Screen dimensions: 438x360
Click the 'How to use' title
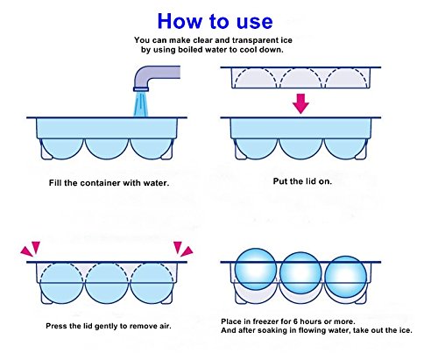pyautogui.click(x=215, y=21)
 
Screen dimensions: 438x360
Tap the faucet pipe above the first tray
pyautogui.click(x=152, y=76)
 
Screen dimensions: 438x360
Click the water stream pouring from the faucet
pyautogui.click(x=141, y=104)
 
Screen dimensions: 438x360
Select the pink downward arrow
pyautogui.click(x=300, y=103)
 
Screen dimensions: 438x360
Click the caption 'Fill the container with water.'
pyautogui.click(x=109, y=183)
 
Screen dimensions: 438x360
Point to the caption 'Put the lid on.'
pyautogui.click(x=302, y=181)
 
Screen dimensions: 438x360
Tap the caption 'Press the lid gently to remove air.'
pyautogui.click(x=109, y=326)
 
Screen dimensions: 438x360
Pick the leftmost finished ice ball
pyautogui.click(x=256, y=269)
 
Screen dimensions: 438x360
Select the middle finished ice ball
pyautogui.click(x=300, y=272)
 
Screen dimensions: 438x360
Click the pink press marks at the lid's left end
pyautogui.click(x=31, y=249)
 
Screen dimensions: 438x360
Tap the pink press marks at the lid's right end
pyautogui.click(x=183, y=249)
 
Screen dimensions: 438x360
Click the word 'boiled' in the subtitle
pyautogui.click(x=191, y=49)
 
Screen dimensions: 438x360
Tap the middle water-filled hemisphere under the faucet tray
pyautogui.click(x=107, y=149)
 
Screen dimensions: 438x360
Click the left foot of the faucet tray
pyautogui.click(x=46, y=151)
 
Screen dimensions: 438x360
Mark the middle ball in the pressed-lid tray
pyautogui.click(x=107, y=283)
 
